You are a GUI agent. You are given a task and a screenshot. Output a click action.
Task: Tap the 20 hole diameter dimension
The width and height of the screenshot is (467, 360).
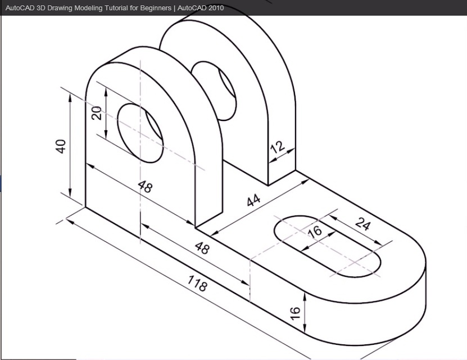point(96,113)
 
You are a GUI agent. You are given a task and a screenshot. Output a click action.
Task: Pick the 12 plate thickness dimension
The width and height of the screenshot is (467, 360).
point(278,147)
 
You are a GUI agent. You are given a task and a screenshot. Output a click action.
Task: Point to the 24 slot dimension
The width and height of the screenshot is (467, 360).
point(364,225)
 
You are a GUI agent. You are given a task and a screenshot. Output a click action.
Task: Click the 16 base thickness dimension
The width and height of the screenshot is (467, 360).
point(295,313)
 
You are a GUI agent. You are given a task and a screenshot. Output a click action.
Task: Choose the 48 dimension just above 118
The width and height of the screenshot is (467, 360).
point(201,247)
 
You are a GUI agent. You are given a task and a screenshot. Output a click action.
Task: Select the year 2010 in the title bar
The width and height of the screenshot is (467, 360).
point(216,8)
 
